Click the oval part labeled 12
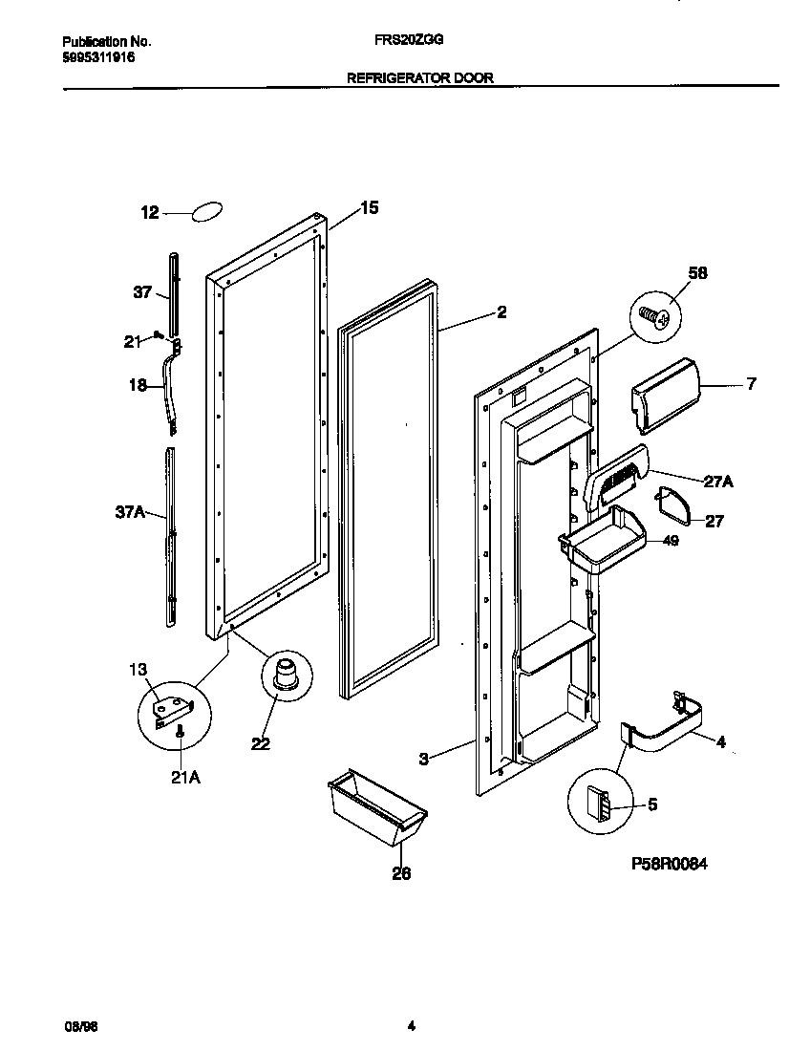click(207, 212)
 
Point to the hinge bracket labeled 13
click(175, 708)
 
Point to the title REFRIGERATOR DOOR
click(420, 78)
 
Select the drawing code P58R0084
click(673, 863)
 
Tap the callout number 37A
click(130, 513)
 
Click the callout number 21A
click(185, 778)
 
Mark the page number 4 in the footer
click(411, 1027)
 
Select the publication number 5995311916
click(98, 57)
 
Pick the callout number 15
click(369, 207)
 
